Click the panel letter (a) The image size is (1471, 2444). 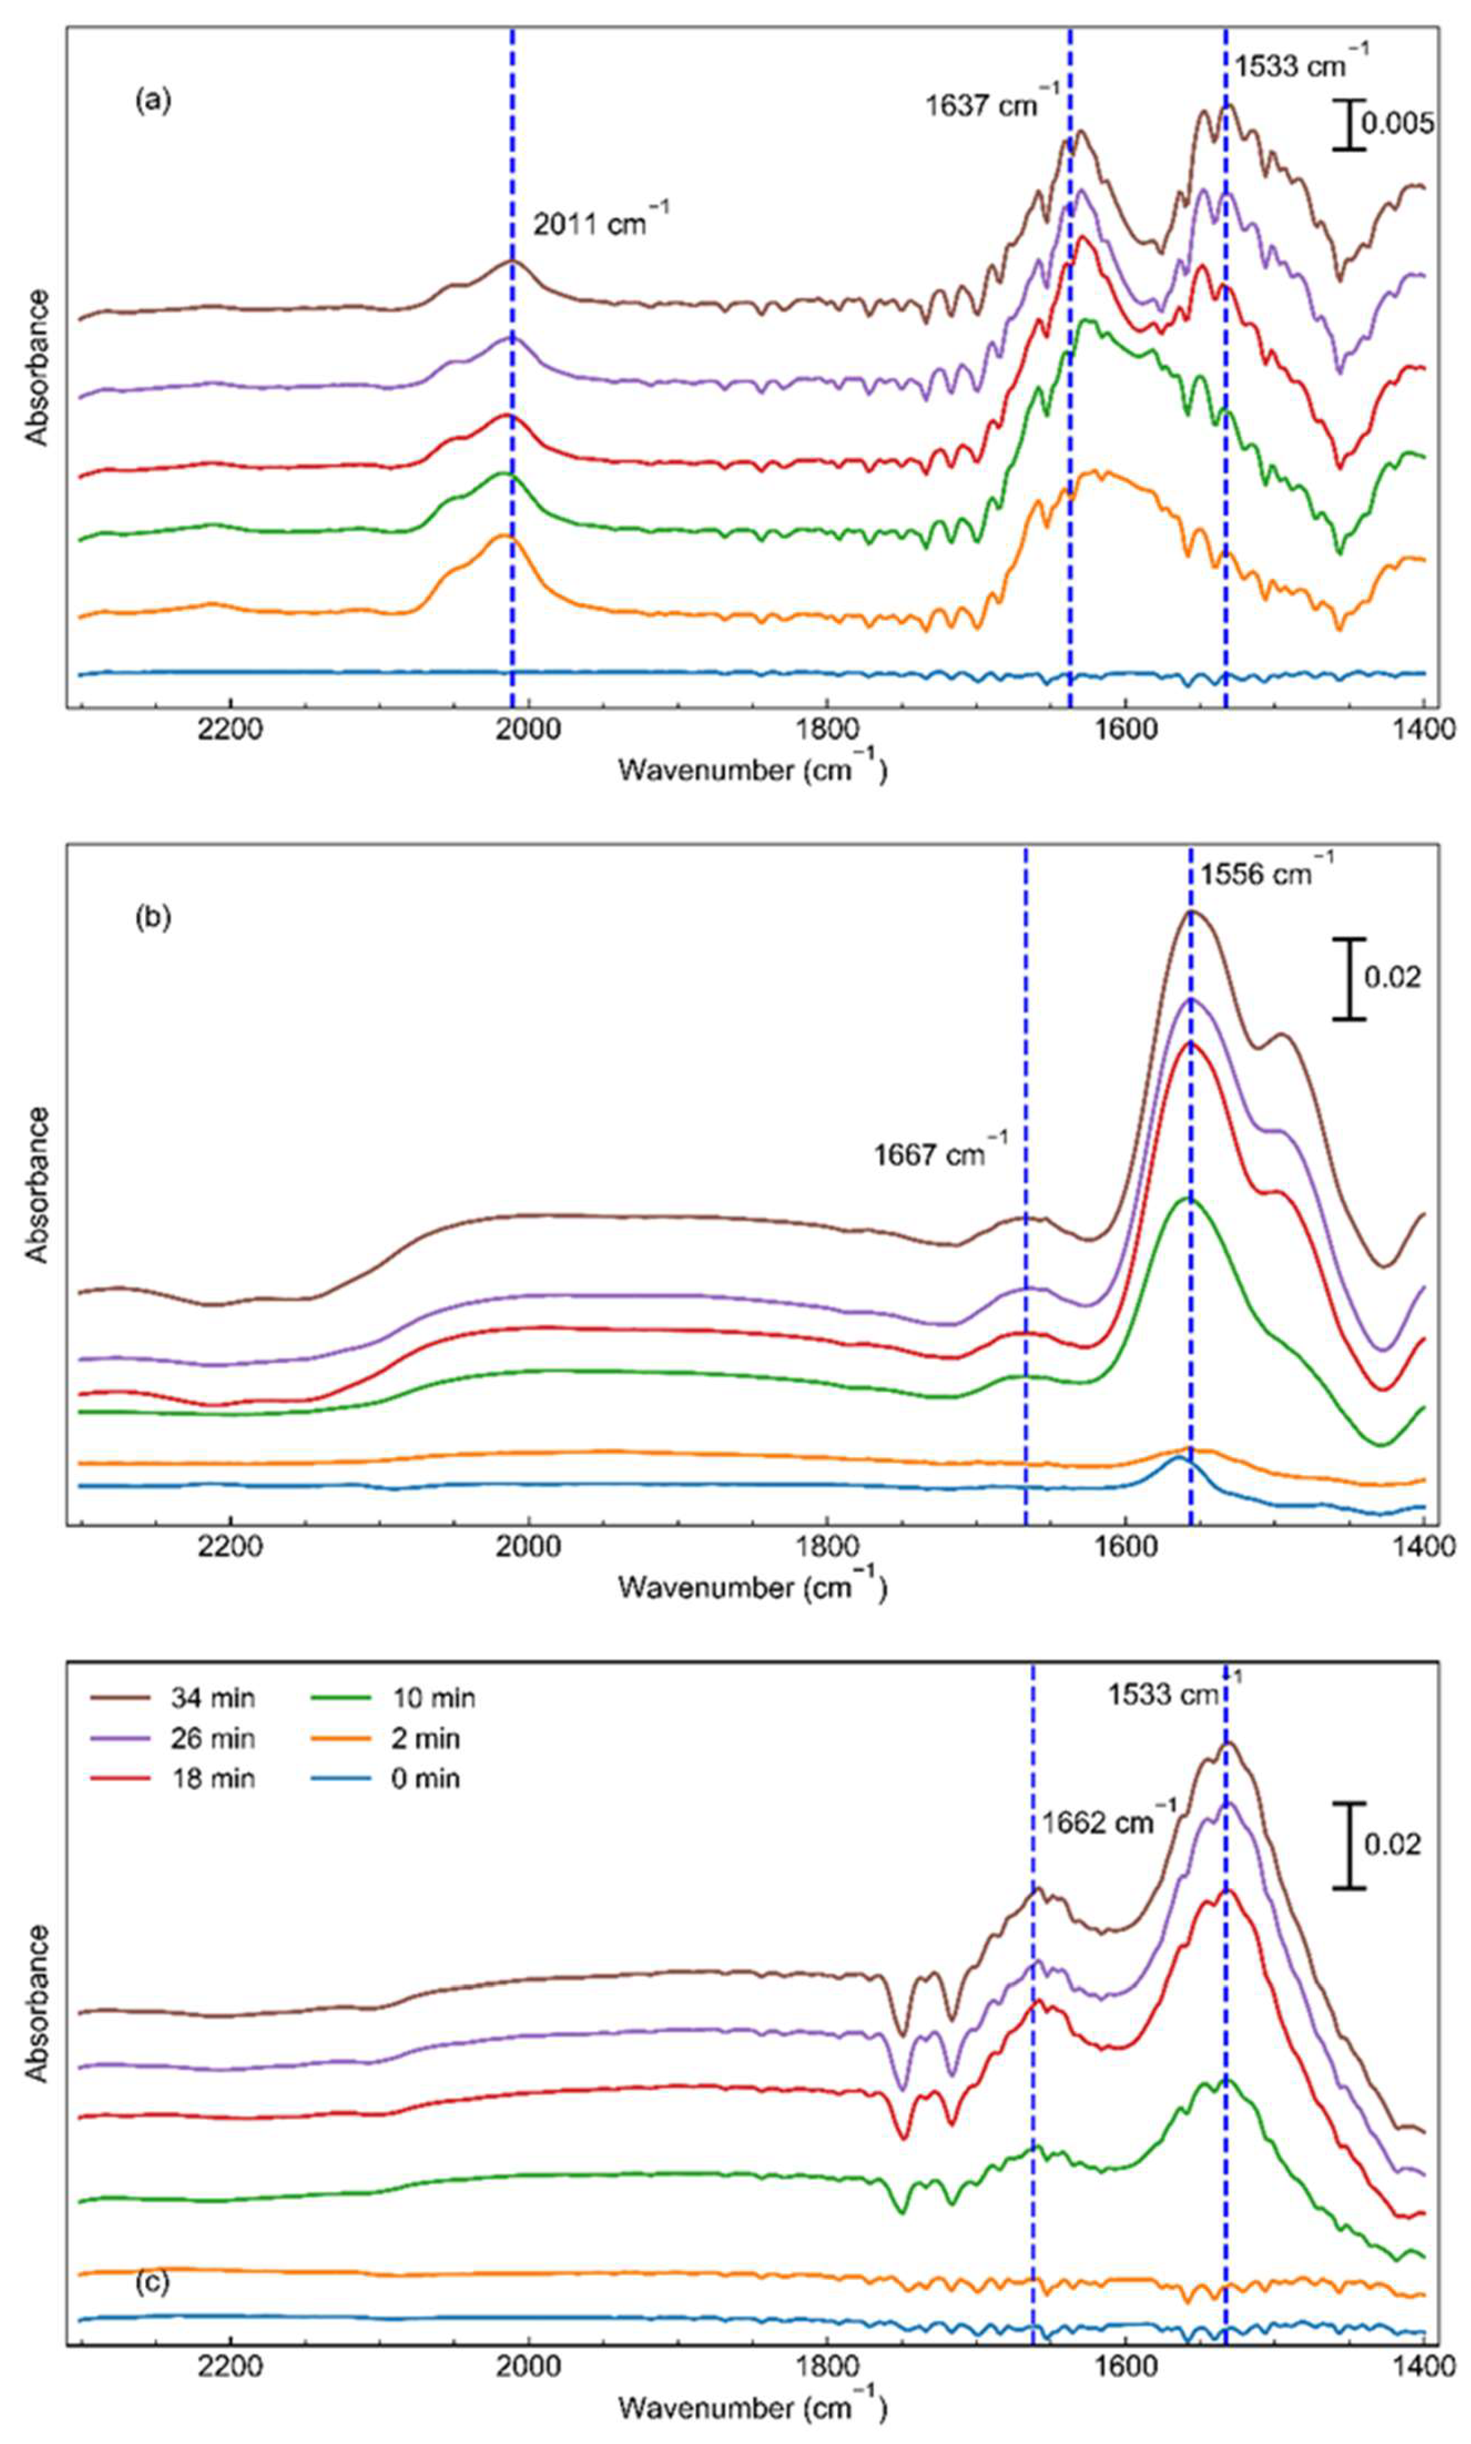[x=153, y=100]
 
